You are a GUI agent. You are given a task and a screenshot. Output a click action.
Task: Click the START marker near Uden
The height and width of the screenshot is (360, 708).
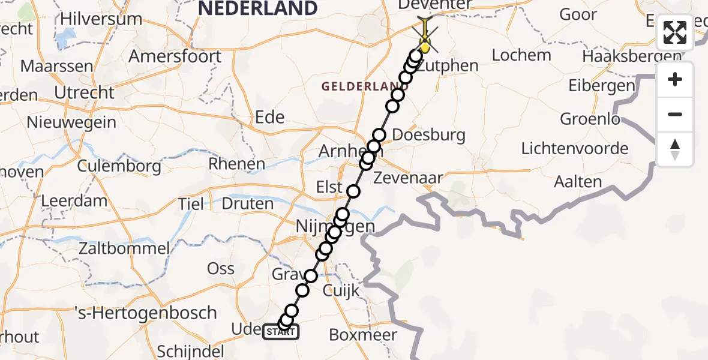pos(280,332)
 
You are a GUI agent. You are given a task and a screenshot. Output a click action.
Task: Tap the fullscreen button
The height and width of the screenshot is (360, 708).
pos(675,33)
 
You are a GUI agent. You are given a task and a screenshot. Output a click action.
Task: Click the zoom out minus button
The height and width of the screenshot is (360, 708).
pos(675,114)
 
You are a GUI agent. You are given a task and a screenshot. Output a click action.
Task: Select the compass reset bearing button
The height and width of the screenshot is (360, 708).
pos(675,149)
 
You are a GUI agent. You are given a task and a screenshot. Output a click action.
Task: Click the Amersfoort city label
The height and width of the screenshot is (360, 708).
pos(175,57)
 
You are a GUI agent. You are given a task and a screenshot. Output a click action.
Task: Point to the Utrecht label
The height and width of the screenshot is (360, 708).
pos(84,93)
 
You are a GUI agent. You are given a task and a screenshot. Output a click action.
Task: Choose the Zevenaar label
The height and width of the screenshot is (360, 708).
pos(408,178)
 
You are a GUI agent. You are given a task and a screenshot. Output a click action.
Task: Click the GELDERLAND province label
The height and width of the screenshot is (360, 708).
pos(361,86)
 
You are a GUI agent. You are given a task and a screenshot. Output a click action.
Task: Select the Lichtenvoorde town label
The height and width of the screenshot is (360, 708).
pos(575,148)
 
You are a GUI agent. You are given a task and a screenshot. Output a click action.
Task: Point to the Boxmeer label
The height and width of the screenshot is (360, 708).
pos(363,335)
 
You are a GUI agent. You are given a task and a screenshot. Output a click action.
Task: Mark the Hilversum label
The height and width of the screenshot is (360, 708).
pos(101,19)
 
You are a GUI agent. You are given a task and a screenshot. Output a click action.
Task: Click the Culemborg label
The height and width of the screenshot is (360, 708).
pos(119,165)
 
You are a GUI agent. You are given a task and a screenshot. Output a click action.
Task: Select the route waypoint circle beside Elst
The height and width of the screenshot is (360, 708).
pos(353,191)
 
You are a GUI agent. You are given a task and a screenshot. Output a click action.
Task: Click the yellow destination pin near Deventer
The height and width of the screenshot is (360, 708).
pos(425,45)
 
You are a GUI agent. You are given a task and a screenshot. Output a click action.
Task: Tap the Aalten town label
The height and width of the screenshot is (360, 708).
pos(578,182)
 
